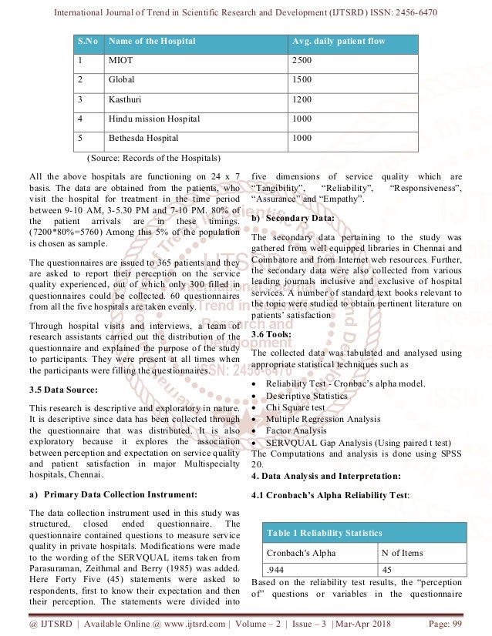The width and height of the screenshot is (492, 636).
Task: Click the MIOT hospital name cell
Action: click(122, 59)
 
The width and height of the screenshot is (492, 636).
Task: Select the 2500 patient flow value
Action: click(302, 59)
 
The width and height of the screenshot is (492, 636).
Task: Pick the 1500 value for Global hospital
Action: click(302, 79)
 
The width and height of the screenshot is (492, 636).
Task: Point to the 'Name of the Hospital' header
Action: click(153, 40)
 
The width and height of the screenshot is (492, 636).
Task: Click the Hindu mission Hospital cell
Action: click(154, 119)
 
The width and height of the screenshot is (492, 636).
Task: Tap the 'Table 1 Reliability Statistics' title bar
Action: click(325, 533)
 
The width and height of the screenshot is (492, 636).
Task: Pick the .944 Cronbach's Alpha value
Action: click(274, 570)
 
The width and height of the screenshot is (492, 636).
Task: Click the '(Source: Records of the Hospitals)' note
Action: click(148, 158)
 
